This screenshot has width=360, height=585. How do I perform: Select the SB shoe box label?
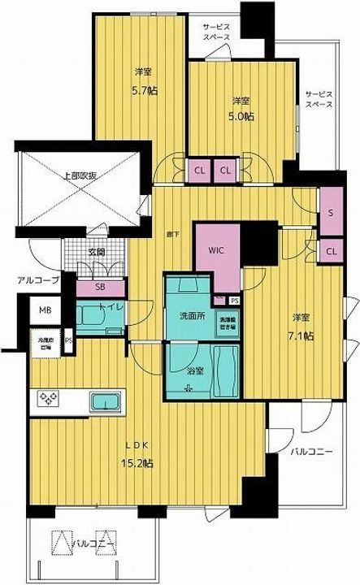[x=100, y=287]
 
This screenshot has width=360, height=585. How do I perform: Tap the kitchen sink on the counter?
[x=105, y=401]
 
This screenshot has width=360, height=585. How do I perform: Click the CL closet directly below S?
[x=331, y=251]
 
